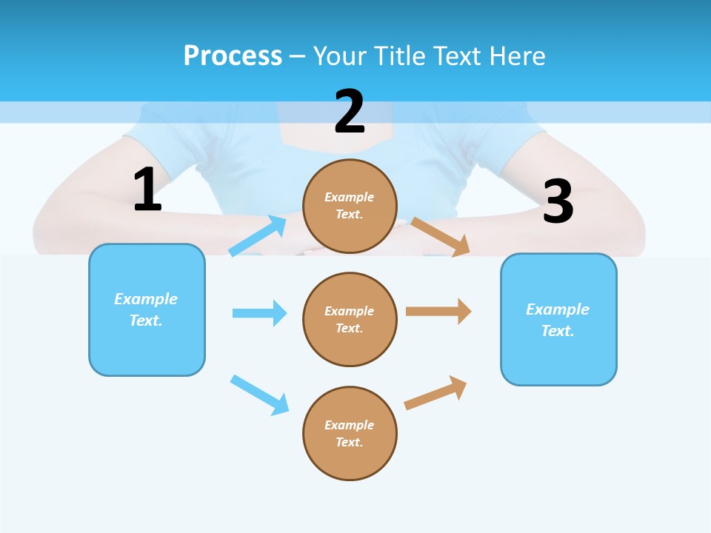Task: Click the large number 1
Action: coord(147,190)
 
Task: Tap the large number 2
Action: coord(350,112)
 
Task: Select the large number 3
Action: coord(558,201)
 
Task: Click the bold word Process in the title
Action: coord(233,56)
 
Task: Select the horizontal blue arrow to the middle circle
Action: coord(259,313)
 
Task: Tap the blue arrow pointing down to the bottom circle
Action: coord(260,394)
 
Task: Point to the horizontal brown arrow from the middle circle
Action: coord(438,312)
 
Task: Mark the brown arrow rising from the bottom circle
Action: coord(435,393)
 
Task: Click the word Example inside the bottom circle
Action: coord(350,425)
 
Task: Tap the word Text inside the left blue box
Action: coord(146,321)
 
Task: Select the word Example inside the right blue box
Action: coord(558,309)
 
